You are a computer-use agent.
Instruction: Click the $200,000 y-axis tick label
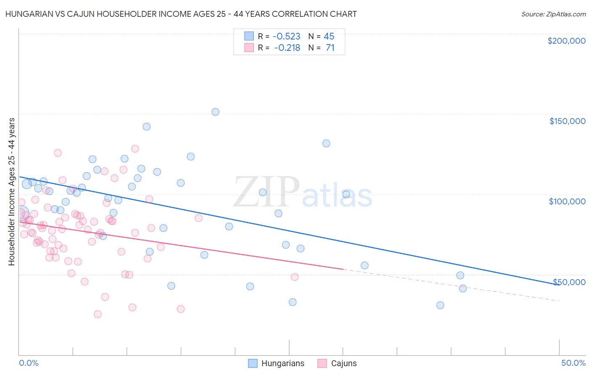point(566,41)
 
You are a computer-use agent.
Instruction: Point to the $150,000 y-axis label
point(567,121)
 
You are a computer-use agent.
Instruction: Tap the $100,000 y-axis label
point(567,201)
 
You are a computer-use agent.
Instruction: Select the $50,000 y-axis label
point(569,282)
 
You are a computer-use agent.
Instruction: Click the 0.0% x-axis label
point(29,363)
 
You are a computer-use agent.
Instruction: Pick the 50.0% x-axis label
point(573,363)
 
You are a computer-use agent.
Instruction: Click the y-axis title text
point(11,192)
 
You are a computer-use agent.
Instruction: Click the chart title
point(181,14)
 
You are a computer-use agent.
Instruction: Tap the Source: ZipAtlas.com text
point(553,14)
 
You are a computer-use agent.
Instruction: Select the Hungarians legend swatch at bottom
point(253,363)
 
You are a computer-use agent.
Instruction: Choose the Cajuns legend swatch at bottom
point(322,363)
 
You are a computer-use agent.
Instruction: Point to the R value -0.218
point(287,48)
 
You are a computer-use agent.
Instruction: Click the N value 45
point(329,36)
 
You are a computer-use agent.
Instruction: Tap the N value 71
point(330,48)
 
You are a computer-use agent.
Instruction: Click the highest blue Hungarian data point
point(215,112)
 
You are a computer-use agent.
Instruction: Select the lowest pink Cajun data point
point(98,314)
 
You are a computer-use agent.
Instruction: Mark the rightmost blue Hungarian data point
point(463,288)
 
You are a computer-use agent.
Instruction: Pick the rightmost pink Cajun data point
point(295,277)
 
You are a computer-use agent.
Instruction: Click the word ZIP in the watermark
point(266,193)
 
